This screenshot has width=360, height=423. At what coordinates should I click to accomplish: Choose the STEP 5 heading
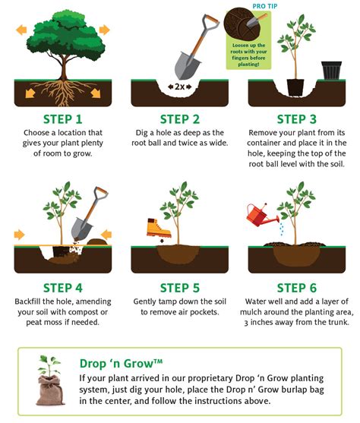180,288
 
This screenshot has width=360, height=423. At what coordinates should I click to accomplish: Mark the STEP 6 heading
298,288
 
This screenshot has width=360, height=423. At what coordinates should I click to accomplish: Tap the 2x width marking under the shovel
179,86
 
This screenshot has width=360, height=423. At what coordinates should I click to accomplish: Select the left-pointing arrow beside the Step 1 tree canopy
21,30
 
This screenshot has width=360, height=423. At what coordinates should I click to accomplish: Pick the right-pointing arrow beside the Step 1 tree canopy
104,30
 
